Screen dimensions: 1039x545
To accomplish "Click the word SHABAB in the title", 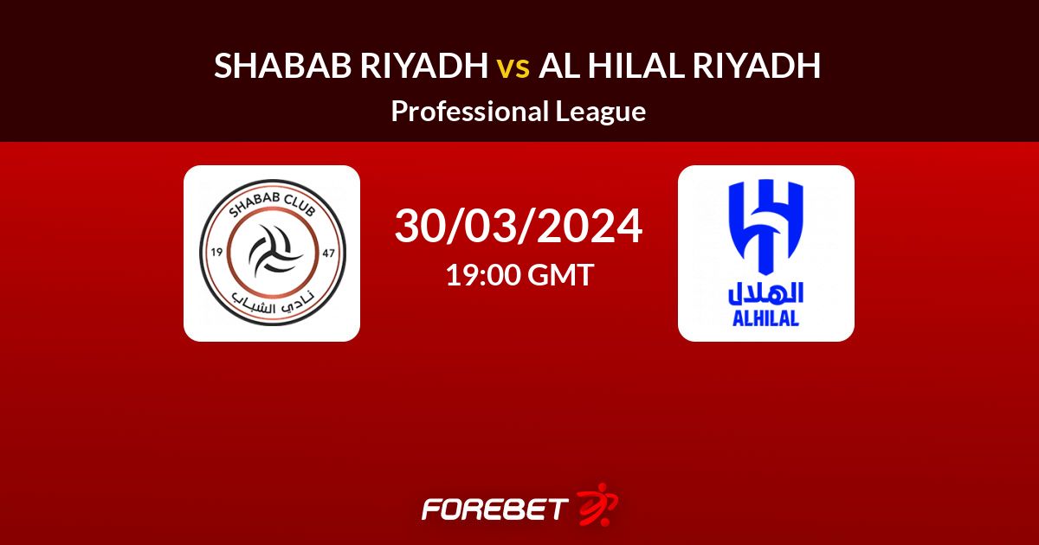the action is tap(283, 66).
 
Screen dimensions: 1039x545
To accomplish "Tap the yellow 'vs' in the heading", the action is tap(513, 68).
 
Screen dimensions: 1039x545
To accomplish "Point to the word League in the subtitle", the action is tap(601, 112).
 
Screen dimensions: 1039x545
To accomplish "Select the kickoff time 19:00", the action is tap(482, 274).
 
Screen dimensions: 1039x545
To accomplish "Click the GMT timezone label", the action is tap(560, 274).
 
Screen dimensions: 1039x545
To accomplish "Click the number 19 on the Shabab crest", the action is tap(216, 252).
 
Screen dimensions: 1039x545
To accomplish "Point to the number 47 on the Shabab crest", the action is tap(328, 253).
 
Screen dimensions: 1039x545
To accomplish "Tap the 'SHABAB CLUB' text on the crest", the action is tap(272, 204).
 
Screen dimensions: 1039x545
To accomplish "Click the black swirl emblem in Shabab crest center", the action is tap(274, 249).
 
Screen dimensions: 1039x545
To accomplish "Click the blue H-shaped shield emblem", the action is tap(765, 227).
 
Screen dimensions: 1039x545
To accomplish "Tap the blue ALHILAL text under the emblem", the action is tap(765, 318).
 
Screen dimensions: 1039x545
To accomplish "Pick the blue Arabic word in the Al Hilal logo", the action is tap(765, 293).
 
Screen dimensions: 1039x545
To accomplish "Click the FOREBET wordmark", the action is tap(495, 510).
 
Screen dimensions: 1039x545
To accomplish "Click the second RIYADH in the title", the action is tap(757, 66).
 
